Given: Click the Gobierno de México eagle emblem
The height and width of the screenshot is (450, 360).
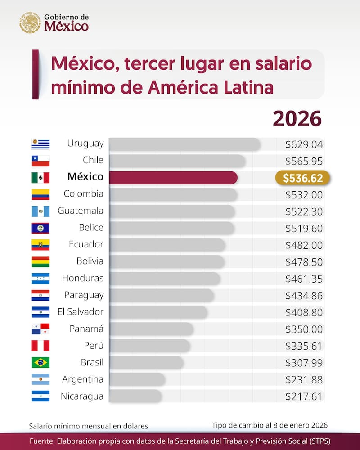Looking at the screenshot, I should pyautogui.click(x=30, y=22).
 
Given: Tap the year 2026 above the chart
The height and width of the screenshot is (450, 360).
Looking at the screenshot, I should pyautogui.click(x=297, y=119).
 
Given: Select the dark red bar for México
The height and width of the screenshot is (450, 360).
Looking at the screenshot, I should pyautogui.click(x=173, y=178).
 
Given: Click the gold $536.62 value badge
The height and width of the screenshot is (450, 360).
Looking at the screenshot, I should pyautogui.click(x=302, y=178).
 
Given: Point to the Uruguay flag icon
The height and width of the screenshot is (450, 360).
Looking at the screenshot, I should pyautogui.click(x=40, y=144).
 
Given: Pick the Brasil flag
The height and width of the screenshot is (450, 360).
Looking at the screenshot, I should pyautogui.click(x=40, y=362).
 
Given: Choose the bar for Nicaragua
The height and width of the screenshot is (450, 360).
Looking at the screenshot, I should pyautogui.click(x=135, y=396).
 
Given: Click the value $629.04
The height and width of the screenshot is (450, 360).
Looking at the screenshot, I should pyautogui.click(x=304, y=144).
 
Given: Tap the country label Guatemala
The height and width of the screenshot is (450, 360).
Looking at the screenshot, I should pyautogui.click(x=81, y=211).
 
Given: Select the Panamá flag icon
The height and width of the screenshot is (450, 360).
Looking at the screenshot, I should pyautogui.click(x=40, y=329).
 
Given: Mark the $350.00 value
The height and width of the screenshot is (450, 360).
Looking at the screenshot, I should pyautogui.click(x=304, y=329).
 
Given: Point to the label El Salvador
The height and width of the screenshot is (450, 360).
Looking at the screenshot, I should pyautogui.click(x=81, y=312).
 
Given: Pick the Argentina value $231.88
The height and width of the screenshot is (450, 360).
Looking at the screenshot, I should pyautogui.click(x=304, y=380).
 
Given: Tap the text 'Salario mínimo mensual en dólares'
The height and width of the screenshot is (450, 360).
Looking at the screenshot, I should pyautogui.click(x=88, y=426).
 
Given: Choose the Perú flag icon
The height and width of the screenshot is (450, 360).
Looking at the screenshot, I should pyautogui.click(x=40, y=346).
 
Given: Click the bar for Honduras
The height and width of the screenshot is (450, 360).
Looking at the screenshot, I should pyautogui.click(x=164, y=279).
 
